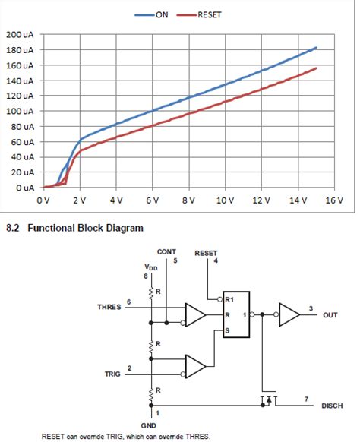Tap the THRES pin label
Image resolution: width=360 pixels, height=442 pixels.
pyautogui.click(x=111, y=307)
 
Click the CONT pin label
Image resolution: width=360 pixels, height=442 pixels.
pyautogui.click(x=166, y=251)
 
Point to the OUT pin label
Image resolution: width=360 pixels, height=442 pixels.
pyautogui.click(x=330, y=314)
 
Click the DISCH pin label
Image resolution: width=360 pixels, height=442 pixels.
pyautogui.click(x=332, y=406)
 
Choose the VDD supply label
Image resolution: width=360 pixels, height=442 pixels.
pyautogui.click(x=152, y=268)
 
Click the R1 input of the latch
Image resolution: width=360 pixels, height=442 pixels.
pyautogui.click(x=229, y=299)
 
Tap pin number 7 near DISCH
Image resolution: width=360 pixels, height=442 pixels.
pyautogui.click(x=305, y=397)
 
